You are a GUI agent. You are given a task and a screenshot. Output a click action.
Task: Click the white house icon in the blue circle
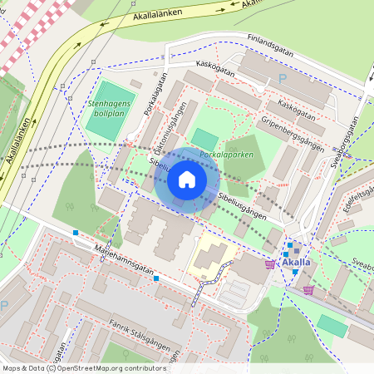[187, 179]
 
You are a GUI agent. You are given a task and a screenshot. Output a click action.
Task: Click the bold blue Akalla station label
[297, 263]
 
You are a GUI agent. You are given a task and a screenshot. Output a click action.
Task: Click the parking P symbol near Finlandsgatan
[283, 80]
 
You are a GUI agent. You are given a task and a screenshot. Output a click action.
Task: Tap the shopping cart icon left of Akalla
[269, 263]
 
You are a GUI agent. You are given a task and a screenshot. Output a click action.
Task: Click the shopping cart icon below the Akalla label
[308, 289]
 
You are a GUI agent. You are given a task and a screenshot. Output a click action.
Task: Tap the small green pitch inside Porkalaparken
[204, 139]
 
